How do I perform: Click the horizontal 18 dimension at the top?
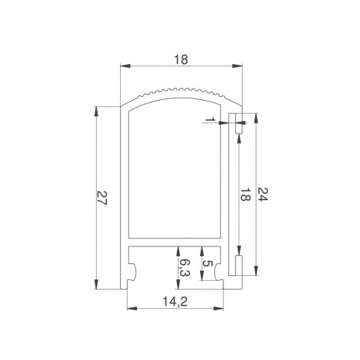pos(181,60)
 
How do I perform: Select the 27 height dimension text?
pos(102,198)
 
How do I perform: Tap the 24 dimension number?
pos(262,194)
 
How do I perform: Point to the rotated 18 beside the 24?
pos(246,194)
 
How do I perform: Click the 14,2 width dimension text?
pos(175,302)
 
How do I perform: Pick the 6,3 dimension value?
pos(184,267)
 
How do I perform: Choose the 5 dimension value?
pos(207,263)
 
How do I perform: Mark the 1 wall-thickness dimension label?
pos(210,119)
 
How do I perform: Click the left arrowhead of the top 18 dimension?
pos(126,66)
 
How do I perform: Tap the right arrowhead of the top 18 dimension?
pos(237,66)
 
